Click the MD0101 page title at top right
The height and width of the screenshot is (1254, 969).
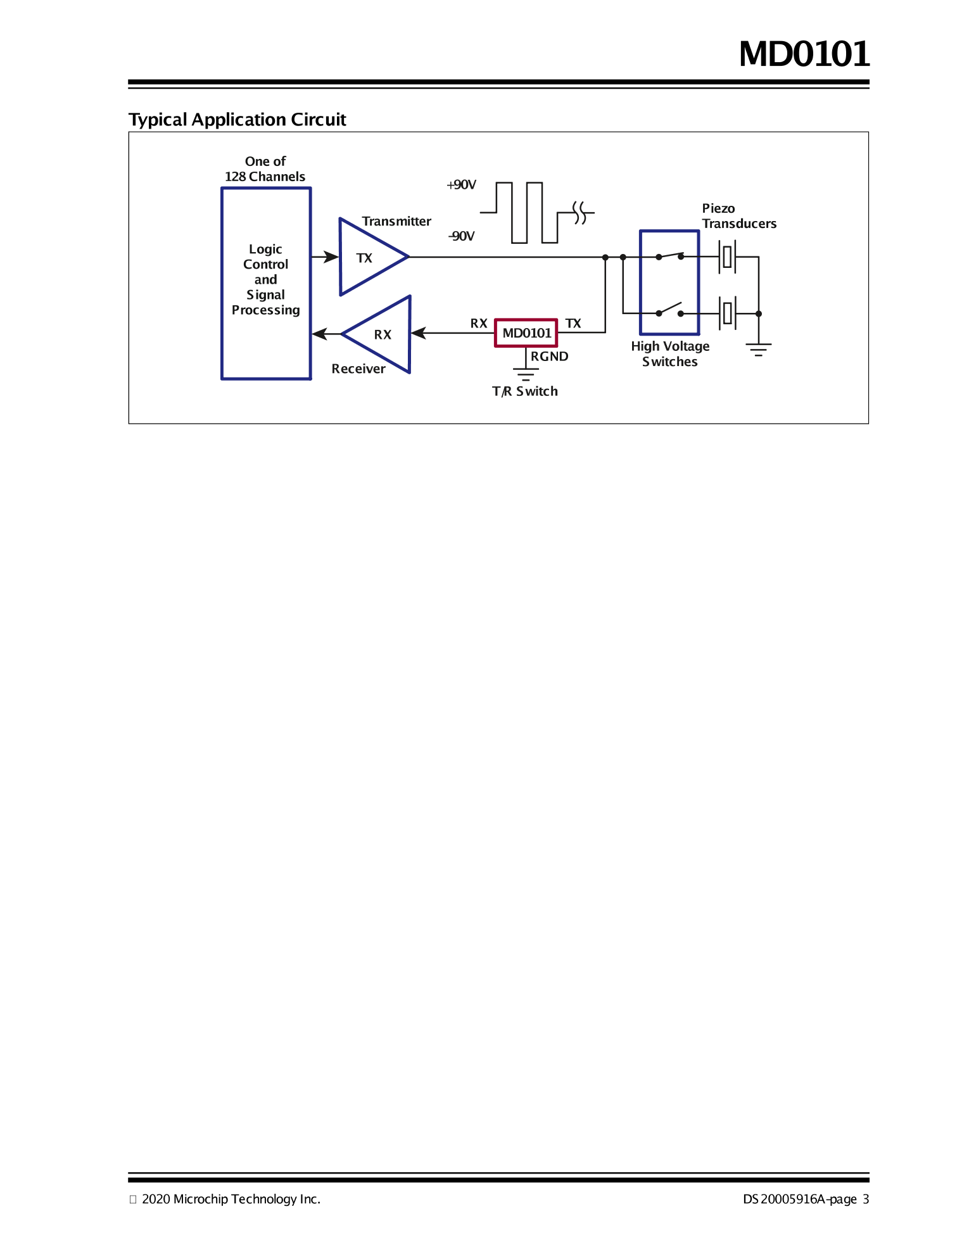(804, 54)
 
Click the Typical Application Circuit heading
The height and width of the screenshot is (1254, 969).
(237, 120)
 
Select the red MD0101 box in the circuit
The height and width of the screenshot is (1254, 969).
(526, 333)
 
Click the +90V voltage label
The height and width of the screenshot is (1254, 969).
(461, 185)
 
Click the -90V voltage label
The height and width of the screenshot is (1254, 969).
(461, 236)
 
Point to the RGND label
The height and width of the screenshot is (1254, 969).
(549, 357)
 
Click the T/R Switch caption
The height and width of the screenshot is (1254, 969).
(525, 391)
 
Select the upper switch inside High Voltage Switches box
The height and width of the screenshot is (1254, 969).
(669, 256)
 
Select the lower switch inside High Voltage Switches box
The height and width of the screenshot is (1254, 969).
(669, 310)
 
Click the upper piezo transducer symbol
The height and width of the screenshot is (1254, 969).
(727, 256)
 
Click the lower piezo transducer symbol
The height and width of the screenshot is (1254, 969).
(727, 313)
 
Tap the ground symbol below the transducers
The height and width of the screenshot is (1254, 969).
(758, 350)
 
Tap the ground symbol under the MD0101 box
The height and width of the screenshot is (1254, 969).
(525, 374)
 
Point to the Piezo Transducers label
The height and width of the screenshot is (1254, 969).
(738, 216)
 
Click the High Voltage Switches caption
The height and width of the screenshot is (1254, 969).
(670, 354)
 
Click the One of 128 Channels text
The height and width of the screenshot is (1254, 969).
(265, 169)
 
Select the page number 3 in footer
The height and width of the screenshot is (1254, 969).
(866, 1199)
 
